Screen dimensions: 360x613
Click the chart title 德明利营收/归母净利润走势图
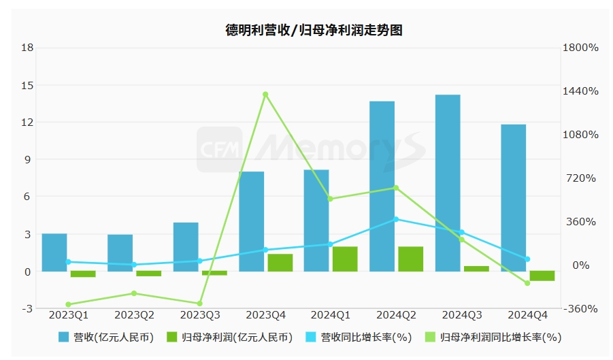coord(314,31)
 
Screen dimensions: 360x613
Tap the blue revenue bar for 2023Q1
coord(54,252)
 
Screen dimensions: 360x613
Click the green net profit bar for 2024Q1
coord(345,259)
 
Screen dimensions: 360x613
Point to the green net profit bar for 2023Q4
coord(280,263)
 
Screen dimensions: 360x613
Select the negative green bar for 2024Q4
coord(542,276)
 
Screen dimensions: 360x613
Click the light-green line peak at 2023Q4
coord(265,95)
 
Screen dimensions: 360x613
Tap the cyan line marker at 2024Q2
coord(396,219)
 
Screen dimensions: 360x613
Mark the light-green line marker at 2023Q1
coord(68,304)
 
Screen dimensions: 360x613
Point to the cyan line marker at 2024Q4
coord(527,259)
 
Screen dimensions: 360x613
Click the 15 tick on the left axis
coord(27,85)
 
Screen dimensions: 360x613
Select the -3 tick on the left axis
coord(27,308)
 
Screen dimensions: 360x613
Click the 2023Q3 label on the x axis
coord(199,315)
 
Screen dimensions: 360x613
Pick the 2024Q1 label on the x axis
coord(331,315)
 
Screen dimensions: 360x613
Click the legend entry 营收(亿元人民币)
coord(105,337)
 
